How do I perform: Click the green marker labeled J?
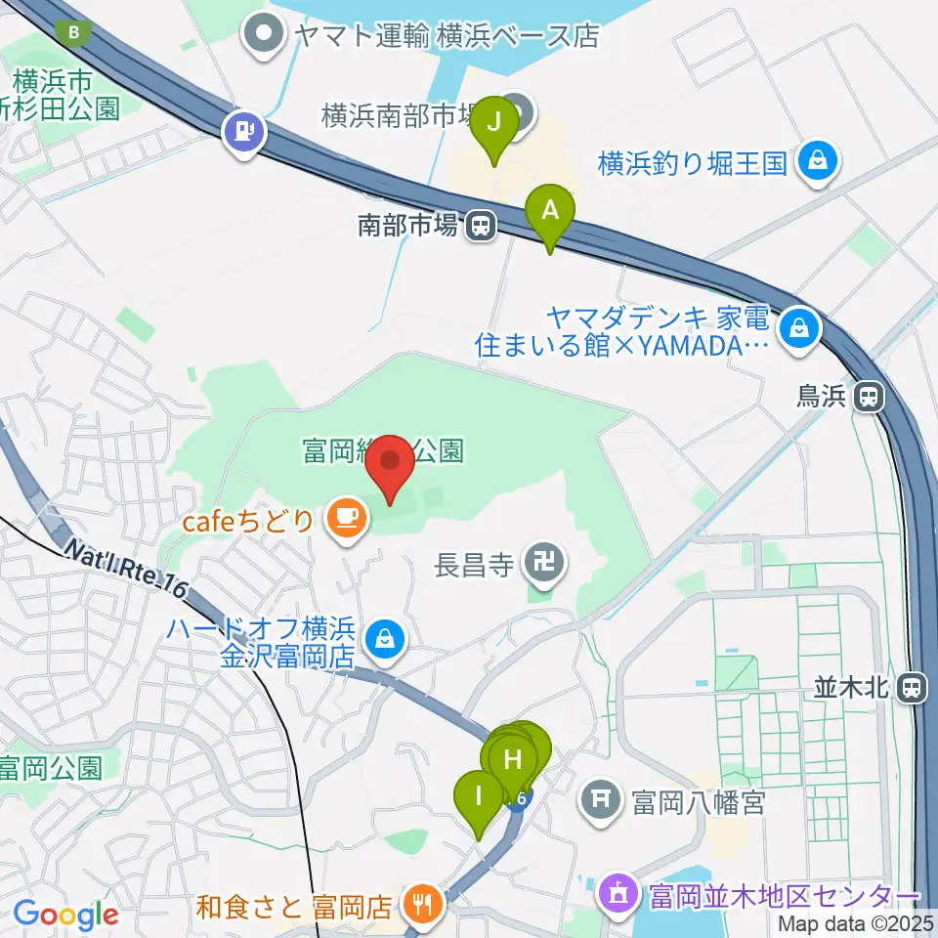click(x=494, y=124)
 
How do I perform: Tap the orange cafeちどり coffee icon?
click(x=344, y=517)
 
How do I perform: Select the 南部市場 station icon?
click(x=480, y=227)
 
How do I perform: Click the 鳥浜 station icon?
click(x=866, y=396)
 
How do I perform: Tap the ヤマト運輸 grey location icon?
click(x=264, y=36)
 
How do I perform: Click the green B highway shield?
click(x=74, y=33)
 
